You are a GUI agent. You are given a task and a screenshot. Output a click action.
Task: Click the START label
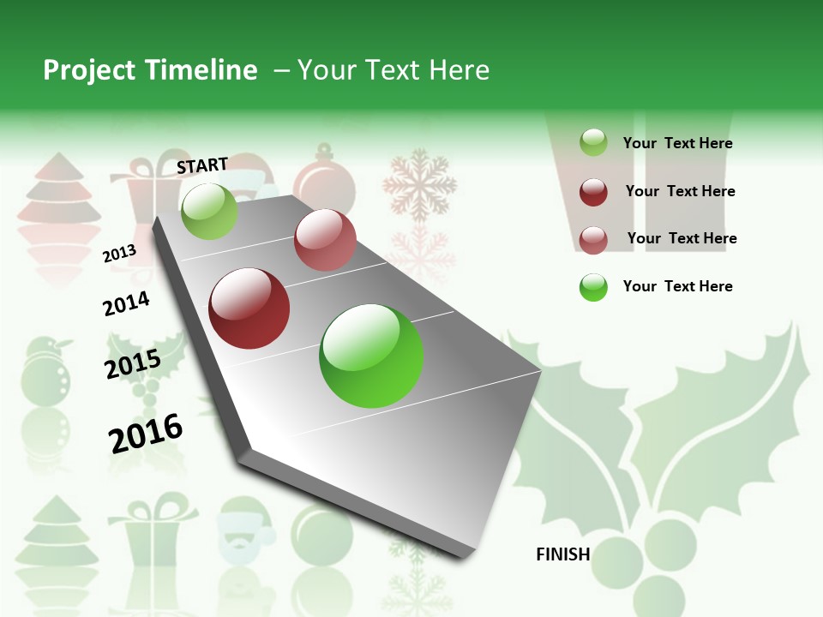tap(202, 165)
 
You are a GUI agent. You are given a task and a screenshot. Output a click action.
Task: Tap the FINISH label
tap(563, 554)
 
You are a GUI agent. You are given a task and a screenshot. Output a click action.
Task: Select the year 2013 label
tap(120, 253)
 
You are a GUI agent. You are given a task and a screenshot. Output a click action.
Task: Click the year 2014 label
tap(126, 303)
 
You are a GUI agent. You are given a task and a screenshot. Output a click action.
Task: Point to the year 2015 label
tap(133, 364)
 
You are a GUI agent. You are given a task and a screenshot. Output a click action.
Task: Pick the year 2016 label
tap(146, 433)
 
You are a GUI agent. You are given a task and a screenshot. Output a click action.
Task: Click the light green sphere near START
tap(209, 211)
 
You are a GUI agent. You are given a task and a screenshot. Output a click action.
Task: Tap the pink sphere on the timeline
tap(325, 240)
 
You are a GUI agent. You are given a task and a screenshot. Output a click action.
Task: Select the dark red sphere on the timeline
tap(249, 308)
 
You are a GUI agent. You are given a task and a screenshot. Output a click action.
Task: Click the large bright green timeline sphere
tap(371, 356)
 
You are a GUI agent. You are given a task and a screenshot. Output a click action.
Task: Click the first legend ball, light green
tap(593, 142)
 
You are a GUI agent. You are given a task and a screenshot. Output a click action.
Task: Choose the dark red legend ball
tap(593, 192)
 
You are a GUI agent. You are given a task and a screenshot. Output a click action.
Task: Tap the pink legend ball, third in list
tap(593, 239)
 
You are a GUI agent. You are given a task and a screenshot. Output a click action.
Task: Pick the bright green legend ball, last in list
tap(593, 287)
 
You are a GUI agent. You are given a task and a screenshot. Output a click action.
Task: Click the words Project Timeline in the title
tap(150, 70)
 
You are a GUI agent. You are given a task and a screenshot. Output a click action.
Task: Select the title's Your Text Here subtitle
tap(393, 70)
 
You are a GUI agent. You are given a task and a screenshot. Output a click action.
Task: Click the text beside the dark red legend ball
tap(680, 191)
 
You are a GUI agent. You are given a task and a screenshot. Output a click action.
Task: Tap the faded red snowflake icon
tap(420, 184)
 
